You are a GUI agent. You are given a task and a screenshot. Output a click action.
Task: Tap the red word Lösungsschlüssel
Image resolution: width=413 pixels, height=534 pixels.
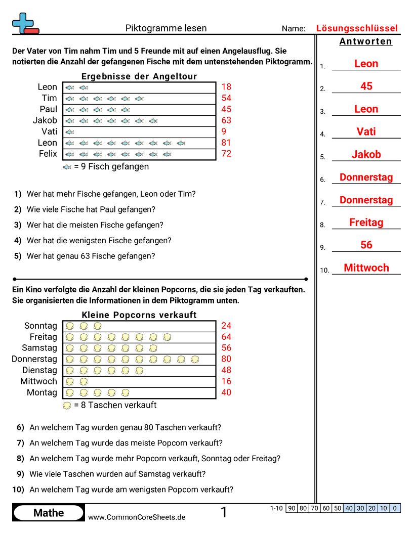pyautogui.click(x=357, y=28)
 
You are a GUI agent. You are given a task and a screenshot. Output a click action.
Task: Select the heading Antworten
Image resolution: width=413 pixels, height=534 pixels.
pyautogui.click(x=365, y=41)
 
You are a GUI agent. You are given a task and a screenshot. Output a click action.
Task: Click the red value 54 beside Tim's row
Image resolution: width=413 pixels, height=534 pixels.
pyautogui.click(x=226, y=98)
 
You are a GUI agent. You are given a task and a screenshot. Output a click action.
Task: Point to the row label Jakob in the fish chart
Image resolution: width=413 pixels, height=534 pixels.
pyautogui.click(x=45, y=120)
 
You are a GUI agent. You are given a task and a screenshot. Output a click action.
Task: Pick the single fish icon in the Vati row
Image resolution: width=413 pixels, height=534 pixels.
pyautogui.click(x=70, y=131)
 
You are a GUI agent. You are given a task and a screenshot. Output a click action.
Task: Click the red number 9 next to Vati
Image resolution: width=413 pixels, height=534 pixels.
pyautogui.click(x=224, y=131)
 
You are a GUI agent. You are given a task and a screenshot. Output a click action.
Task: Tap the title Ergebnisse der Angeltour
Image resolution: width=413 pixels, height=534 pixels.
pyautogui.click(x=139, y=76)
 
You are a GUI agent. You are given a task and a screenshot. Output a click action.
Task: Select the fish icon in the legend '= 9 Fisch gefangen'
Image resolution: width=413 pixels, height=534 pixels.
pyautogui.click(x=67, y=167)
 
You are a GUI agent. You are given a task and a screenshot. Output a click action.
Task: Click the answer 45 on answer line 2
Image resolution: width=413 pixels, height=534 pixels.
pyautogui.click(x=366, y=86)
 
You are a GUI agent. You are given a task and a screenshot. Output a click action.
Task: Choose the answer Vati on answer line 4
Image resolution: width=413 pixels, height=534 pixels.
pyautogui.click(x=366, y=131)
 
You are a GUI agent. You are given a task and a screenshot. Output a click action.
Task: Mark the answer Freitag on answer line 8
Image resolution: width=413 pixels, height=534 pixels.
pyautogui.click(x=366, y=223)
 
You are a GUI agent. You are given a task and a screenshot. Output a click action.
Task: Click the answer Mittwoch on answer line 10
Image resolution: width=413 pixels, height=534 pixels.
pyautogui.click(x=366, y=268)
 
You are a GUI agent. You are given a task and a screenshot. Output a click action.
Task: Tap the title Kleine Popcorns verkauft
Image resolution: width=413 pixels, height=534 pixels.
pyautogui.click(x=139, y=315)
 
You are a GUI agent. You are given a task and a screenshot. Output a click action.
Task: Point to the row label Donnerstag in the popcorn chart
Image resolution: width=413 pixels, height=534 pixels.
pyautogui.click(x=34, y=359)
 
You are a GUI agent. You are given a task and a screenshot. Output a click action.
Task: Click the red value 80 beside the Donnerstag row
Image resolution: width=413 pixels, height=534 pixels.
pyautogui.click(x=226, y=359)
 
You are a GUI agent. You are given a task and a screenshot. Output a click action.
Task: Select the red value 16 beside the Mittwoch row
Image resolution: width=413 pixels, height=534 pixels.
pyautogui.click(x=226, y=381)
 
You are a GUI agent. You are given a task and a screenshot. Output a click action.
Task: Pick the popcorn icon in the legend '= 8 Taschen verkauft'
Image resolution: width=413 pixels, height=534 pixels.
pyautogui.click(x=67, y=406)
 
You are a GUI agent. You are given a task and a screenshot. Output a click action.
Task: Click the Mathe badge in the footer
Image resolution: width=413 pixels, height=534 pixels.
pyautogui.click(x=49, y=513)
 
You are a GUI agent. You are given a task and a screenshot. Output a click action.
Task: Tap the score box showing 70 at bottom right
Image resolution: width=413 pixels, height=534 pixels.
pyautogui.click(x=314, y=508)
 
